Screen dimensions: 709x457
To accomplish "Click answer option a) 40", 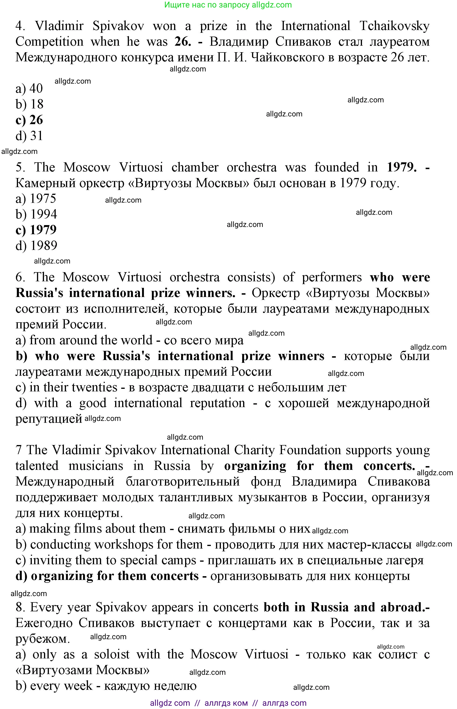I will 29,89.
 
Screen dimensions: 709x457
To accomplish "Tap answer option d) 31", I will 29,136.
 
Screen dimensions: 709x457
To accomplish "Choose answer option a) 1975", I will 36,198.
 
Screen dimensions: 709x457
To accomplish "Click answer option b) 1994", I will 36,214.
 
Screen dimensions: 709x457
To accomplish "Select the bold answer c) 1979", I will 36,230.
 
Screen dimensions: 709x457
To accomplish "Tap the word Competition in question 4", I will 49,42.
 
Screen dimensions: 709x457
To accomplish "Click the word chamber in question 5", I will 195,167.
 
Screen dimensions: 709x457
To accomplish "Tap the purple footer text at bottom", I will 228,703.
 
